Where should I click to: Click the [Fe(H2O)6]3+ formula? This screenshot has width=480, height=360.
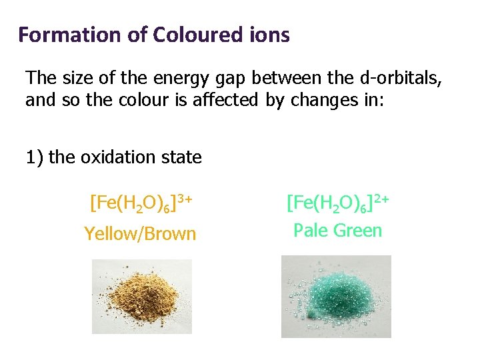(141, 201)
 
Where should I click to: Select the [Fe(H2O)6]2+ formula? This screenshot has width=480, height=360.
(337, 201)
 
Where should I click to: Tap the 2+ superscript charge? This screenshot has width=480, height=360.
(381, 197)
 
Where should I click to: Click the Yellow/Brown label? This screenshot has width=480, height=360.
(140, 234)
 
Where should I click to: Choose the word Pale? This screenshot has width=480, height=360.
(311, 231)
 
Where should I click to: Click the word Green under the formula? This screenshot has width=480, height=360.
(357, 231)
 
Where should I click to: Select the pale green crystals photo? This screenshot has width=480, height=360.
(336, 296)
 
